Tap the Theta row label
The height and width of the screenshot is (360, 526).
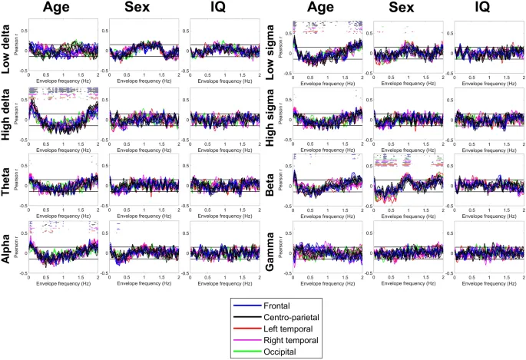[12, 184]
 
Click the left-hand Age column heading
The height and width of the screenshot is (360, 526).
[63, 9]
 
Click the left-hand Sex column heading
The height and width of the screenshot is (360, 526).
[138, 9]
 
